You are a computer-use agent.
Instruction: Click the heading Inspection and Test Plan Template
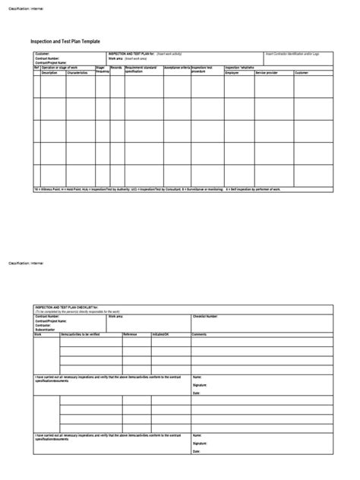[65, 42]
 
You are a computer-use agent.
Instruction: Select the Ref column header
[36, 67]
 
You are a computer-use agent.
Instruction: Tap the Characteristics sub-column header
[77, 72]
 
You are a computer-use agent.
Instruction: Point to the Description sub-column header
[49, 72]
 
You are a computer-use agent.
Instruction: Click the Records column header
[116, 67]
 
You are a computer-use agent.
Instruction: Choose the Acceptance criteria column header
[176, 67]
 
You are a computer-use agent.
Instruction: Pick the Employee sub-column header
[232, 72]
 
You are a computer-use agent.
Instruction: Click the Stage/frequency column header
[102, 69]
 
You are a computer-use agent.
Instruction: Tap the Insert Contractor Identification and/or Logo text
[292, 54]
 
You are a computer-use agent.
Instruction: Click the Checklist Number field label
[208, 315]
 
